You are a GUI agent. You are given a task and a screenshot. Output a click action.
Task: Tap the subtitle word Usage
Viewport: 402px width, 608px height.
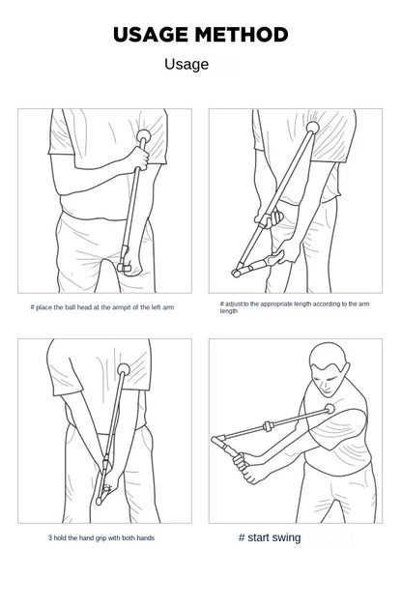coord(187,65)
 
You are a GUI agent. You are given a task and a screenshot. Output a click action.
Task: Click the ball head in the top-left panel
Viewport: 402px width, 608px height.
coord(144,136)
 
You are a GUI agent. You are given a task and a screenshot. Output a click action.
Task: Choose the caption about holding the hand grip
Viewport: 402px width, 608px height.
coord(101,537)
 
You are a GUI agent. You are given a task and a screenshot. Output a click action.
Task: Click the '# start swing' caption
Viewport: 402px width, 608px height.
coord(269,537)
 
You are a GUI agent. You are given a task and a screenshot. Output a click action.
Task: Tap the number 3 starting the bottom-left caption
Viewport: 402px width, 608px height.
coord(50,537)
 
